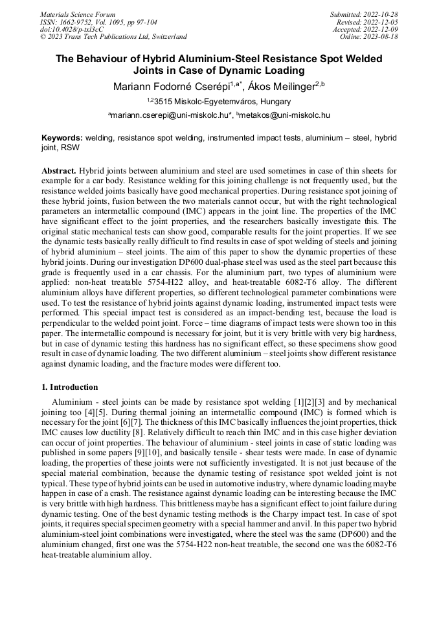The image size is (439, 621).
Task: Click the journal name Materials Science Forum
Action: [x=78, y=14]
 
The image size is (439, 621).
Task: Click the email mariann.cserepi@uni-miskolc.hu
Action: [x=171, y=115]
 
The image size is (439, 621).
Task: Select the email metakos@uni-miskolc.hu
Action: [x=286, y=115]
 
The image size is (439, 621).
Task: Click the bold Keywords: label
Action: [x=62, y=138]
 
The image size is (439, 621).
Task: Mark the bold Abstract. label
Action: [x=59, y=170]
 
